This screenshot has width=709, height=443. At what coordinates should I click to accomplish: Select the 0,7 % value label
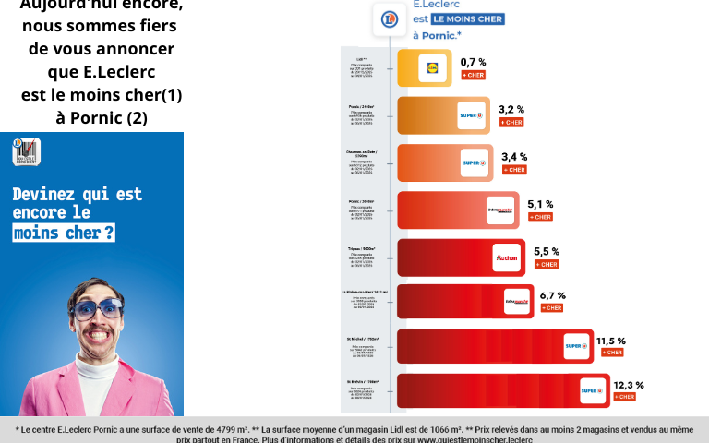tap(473, 62)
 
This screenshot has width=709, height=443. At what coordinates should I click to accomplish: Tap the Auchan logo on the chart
tap(507, 258)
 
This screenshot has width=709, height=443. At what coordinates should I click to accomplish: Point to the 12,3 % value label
tap(629, 385)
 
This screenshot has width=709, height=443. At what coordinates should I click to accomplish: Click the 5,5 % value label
tap(547, 251)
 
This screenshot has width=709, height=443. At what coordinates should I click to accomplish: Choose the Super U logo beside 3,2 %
tap(472, 114)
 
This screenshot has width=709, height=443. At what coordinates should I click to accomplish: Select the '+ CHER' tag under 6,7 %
tap(551, 308)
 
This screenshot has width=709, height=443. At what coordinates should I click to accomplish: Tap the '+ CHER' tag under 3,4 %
tap(514, 170)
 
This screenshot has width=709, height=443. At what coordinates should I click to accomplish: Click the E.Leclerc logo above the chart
tap(389, 18)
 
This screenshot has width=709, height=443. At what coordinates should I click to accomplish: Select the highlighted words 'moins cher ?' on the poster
tap(64, 233)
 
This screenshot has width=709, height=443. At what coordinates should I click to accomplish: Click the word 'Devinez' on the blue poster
tap(45, 194)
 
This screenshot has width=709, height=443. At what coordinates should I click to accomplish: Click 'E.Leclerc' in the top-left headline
tap(102, 71)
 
